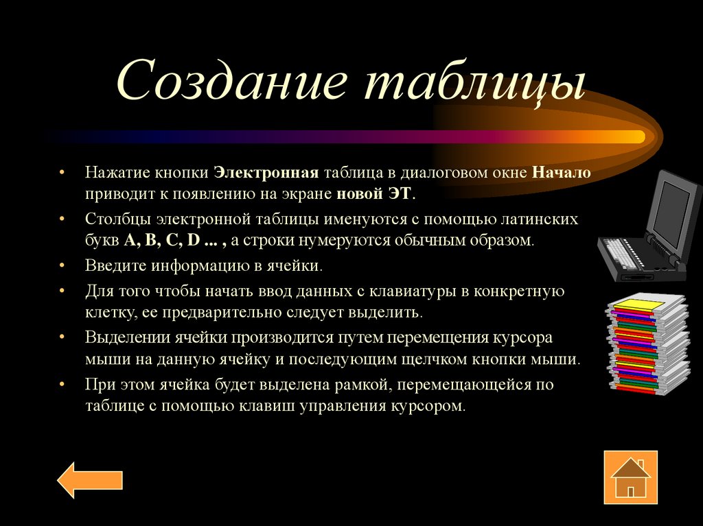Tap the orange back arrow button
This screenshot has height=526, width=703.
90,480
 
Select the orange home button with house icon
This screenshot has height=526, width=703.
630,477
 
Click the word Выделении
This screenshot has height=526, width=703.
123,338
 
